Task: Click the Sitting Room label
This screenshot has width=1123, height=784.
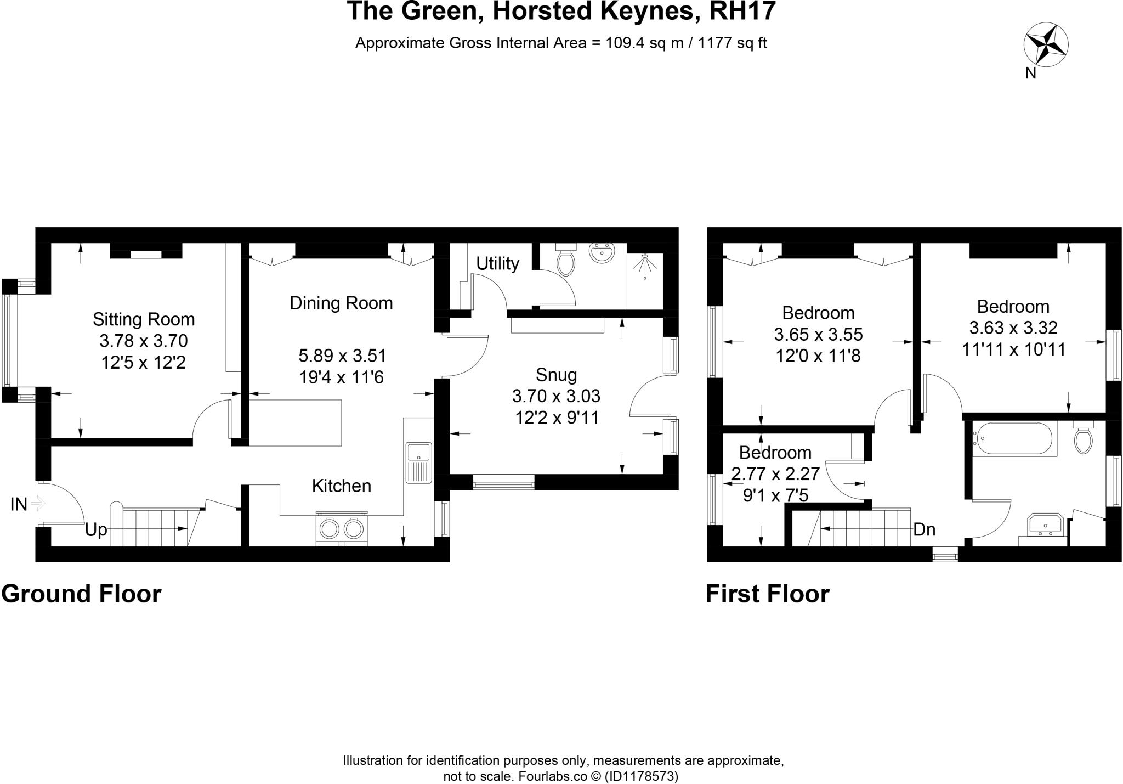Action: coord(144,319)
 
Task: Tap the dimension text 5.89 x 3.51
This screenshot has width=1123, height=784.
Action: coord(342,356)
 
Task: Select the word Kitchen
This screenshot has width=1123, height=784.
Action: coord(341,486)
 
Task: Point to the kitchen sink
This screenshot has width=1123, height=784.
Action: coord(419,462)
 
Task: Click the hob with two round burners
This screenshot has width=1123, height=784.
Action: coord(341,528)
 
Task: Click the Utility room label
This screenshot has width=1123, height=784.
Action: coord(497,264)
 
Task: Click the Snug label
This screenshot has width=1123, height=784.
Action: coord(556,375)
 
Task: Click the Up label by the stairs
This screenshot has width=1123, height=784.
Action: coord(96,531)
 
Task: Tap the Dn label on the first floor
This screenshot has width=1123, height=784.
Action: coord(924,530)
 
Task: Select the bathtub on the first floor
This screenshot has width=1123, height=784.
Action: coord(1013,439)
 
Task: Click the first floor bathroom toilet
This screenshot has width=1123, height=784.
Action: coord(1084,438)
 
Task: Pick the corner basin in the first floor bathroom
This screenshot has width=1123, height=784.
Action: coord(1046,526)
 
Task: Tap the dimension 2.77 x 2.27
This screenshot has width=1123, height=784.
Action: coord(775,473)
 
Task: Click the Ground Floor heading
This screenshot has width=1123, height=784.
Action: coord(81,594)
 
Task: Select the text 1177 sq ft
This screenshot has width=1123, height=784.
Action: coord(731,43)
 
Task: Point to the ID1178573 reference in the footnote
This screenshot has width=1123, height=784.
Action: coord(641,776)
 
